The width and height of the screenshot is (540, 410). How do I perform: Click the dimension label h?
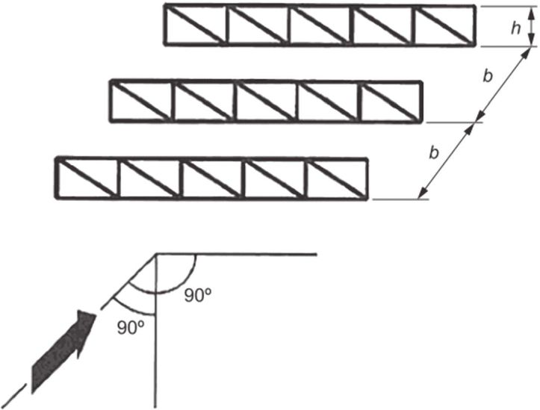(x=515, y=28)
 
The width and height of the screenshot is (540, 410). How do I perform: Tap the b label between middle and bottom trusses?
(x=434, y=152)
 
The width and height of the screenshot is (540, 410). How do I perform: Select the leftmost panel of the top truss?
(x=196, y=26)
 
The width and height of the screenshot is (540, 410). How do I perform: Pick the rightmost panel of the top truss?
(x=444, y=26)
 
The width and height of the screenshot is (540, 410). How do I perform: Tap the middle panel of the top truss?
(x=320, y=26)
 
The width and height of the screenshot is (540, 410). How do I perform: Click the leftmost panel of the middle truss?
(x=141, y=99)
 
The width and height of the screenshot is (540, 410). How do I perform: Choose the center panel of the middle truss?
(x=265, y=99)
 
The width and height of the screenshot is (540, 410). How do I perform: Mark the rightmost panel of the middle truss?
(x=390, y=99)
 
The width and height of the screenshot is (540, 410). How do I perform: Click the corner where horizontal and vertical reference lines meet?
(x=155, y=254)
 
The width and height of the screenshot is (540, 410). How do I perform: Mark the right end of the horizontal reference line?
(x=317, y=254)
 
